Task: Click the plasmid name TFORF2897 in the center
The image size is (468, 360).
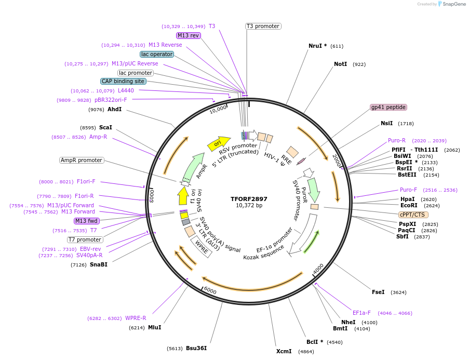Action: click(x=249, y=199)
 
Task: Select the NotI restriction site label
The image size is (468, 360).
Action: click(x=340, y=64)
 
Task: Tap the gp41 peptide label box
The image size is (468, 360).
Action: click(x=388, y=107)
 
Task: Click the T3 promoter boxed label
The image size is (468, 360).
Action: click(x=263, y=26)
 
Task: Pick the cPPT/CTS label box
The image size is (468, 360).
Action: click(x=413, y=215)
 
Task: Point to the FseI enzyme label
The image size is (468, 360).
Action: click(x=378, y=292)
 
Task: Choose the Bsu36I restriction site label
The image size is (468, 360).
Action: click(x=196, y=348)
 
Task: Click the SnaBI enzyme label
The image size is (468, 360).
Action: click(x=98, y=264)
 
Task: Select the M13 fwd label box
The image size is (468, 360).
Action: click(x=87, y=221)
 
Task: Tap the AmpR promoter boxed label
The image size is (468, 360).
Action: click(x=82, y=160)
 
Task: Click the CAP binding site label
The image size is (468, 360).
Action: click(x=123, y=81)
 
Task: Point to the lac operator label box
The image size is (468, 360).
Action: click(x=157, y=54)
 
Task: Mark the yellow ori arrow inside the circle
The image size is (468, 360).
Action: click(x=218, y=143)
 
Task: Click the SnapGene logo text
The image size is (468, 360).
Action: click(x=452, y=4)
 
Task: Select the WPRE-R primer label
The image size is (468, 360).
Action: click(x=136, y=318)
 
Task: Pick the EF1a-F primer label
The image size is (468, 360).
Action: click(x=362, y=313)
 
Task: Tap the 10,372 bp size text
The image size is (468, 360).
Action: click(x=249, y=206)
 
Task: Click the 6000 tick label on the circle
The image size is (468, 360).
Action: click(x=210, y=289)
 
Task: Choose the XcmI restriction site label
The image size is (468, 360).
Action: click(x=284, y=351)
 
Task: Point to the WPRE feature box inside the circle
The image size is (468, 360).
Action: click(x=202, y=246)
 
